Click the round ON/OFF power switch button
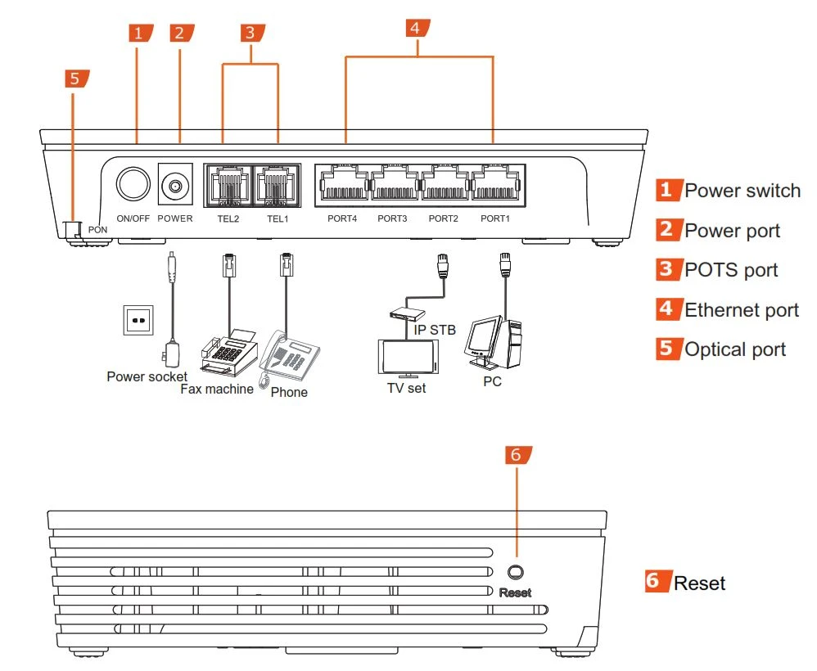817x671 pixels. pos(133,185)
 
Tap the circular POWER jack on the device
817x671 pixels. pos(174,187)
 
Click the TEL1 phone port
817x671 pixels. pos(278,184)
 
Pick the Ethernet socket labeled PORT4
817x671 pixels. pos(343,183)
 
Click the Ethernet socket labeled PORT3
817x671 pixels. pos(394,183)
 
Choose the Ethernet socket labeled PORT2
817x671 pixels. pos(445,183)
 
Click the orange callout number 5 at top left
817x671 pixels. pos(75,79)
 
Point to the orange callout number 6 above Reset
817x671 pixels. pos(517,456)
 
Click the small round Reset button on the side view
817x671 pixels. pos(516,572)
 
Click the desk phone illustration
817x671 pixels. pos(291,356)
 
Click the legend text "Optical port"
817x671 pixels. pos(734,349)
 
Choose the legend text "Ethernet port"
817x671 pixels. pos(741,310)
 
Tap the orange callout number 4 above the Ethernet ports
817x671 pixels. pos(416,28)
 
